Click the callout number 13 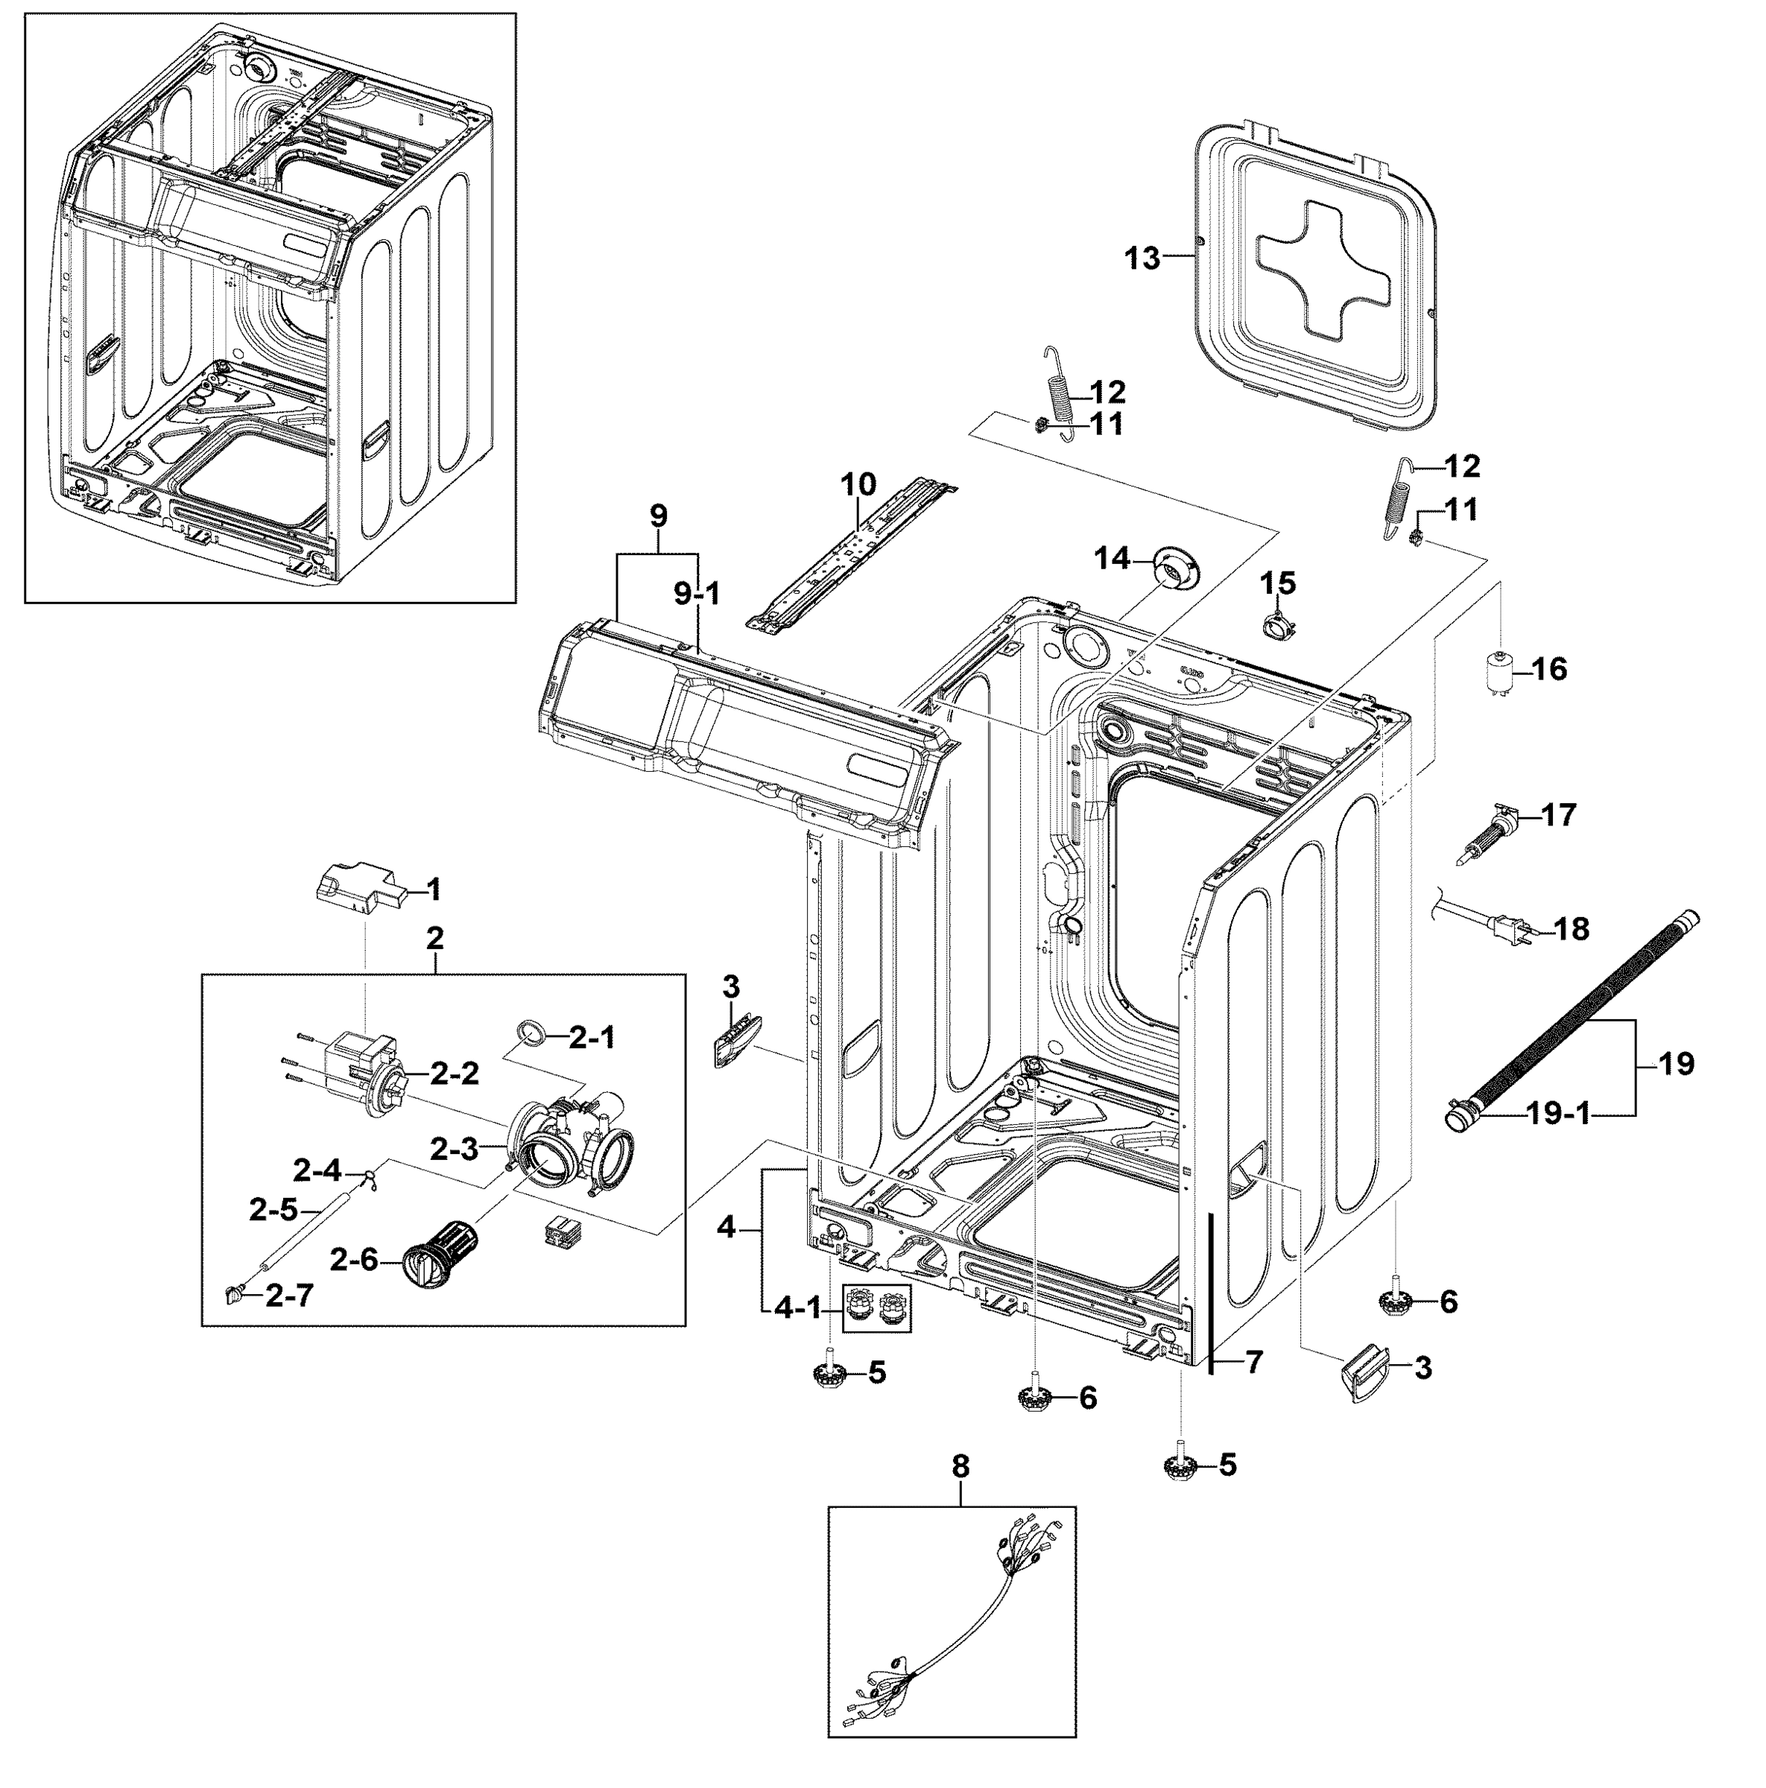coord(1142,259)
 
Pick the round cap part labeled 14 coord(1177,565)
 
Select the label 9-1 coord(696,595)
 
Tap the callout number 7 coord(1253,1361)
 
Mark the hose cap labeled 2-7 coord(233,1295)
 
